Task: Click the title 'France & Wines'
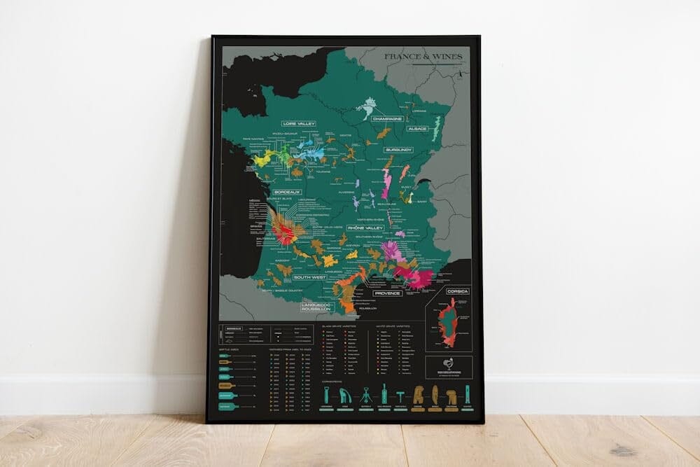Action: [422, 58]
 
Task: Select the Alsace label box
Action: [417, 129]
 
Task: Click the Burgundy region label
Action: [398, 150]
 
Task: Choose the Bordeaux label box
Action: [287, 191]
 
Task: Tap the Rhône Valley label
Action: [366, 228]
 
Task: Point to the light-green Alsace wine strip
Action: [437, 130]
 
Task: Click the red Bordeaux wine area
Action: [283, 231]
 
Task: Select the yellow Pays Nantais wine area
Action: [262, 160]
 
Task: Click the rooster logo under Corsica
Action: [448, 366]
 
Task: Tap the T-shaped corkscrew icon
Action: [401, 396]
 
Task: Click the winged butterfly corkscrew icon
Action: [346, 397]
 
